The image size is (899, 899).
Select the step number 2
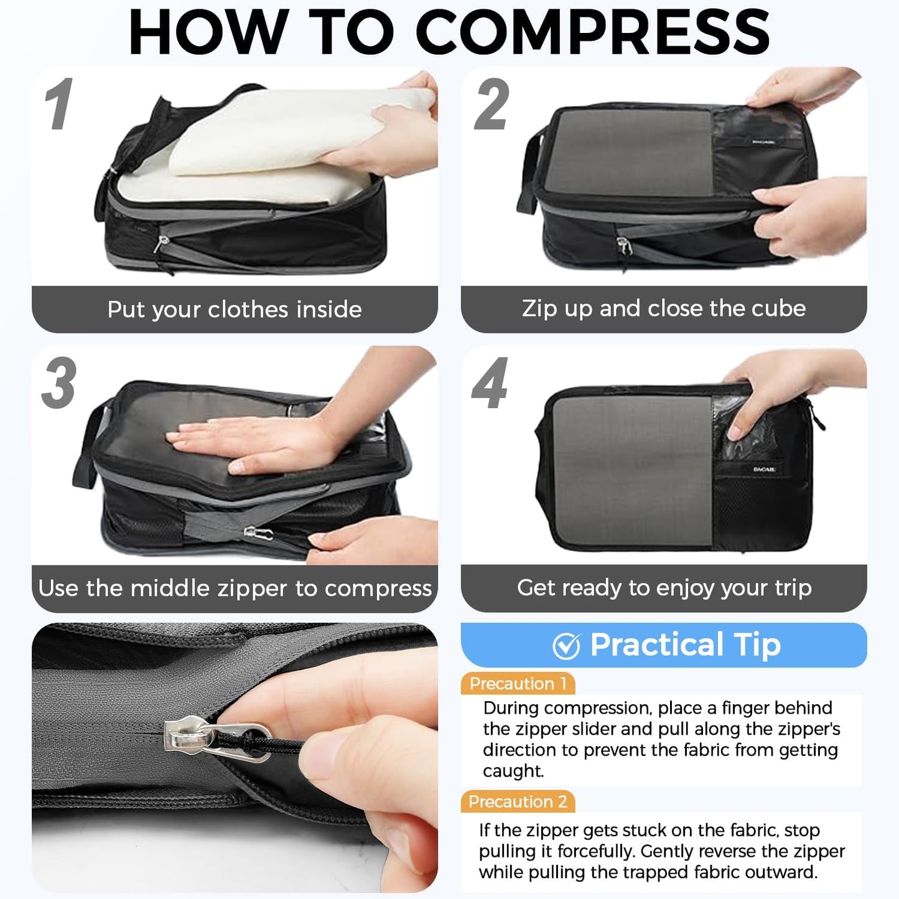pos(491,105)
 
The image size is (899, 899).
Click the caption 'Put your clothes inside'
pos(235,309)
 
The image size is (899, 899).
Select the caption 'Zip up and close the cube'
pos(664,309)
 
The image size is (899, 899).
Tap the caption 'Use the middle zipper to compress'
pos(235,588)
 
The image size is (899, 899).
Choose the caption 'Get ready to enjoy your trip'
pos(664,587)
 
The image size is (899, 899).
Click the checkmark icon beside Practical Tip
pos(566,646)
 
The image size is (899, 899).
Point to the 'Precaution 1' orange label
pos(518,684)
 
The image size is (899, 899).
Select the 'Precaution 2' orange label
pos(518,802)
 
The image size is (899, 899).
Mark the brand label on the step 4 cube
pos(764,469)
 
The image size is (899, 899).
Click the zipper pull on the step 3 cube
pos(258,533)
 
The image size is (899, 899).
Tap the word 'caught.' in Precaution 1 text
pos(513,771)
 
